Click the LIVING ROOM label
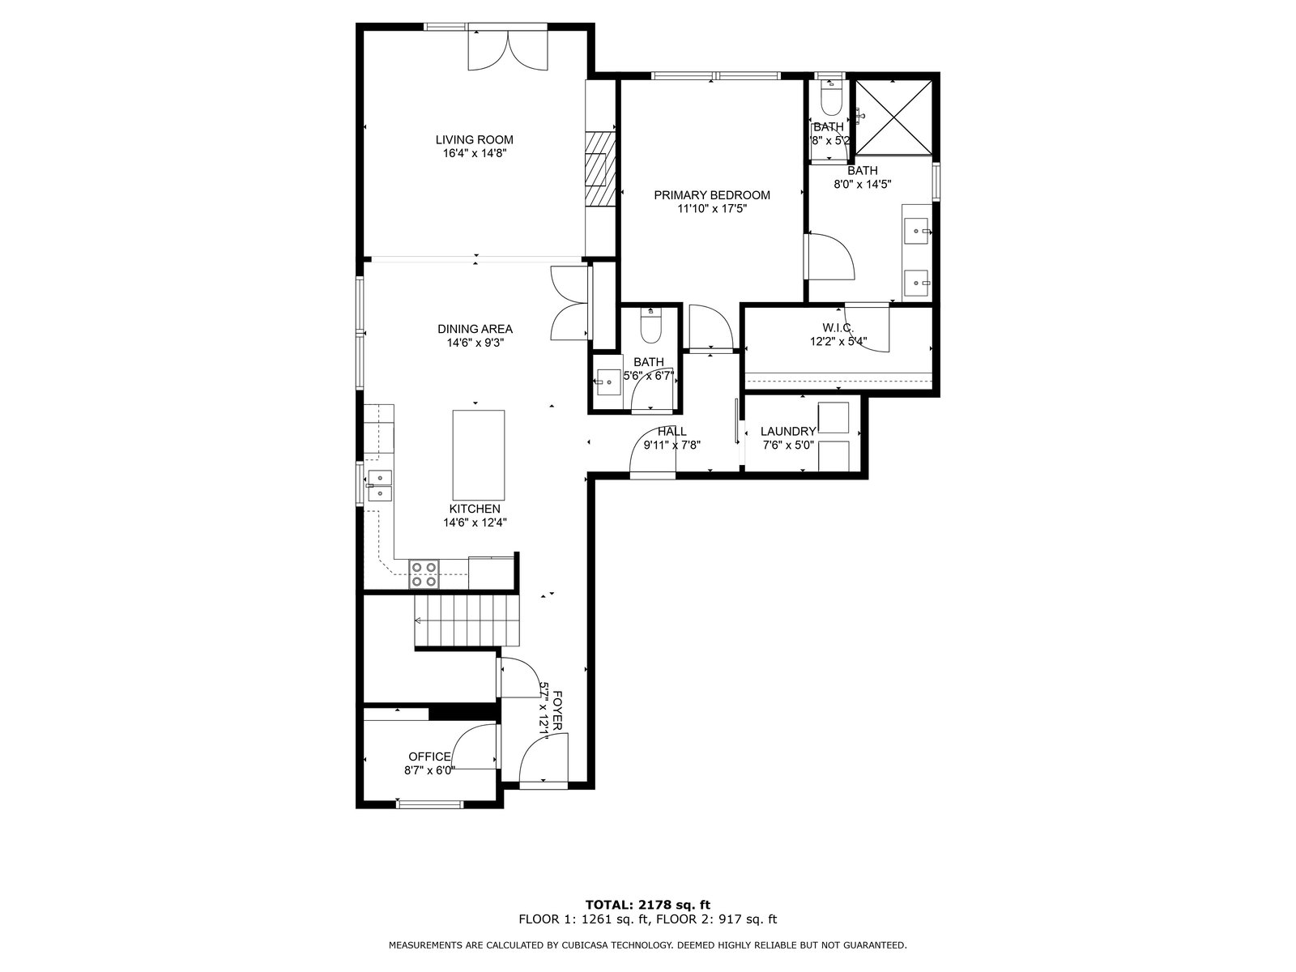[474, 140]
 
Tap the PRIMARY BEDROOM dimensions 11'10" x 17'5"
[712, 208]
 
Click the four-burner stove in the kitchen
[424, 574]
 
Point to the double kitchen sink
[380, 485]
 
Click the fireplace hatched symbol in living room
[600, 168]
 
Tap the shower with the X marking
[893, 117]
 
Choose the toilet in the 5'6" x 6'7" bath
[650, 326]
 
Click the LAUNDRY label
[787, 432]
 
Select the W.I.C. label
[838, 327]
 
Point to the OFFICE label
[429, 757]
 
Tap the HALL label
[672, 432]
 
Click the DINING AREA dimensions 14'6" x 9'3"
[475, 343]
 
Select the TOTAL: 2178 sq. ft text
[648, 905]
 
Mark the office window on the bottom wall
[430, 804]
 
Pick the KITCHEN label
[475, 509]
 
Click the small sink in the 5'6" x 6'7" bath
[607, 382]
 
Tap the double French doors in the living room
[508, 50]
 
